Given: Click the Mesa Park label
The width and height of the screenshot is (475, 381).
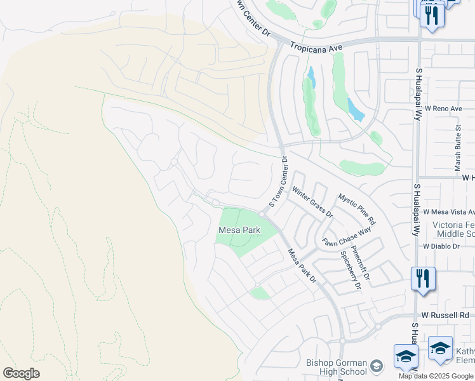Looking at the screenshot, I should click(239, 230).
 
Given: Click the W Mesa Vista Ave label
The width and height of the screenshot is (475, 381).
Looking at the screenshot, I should click(448, 211).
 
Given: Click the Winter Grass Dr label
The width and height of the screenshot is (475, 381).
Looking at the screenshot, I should click(312, 201).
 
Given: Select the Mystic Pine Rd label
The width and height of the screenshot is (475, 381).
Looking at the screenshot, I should click(356, 210).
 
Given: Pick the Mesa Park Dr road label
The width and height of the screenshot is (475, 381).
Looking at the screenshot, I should click(302, 266).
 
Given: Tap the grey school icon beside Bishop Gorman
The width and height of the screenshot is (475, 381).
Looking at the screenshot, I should click(377, 366).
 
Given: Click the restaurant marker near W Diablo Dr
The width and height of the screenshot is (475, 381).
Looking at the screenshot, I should click(422, 278).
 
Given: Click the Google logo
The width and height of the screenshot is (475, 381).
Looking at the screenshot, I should click(21, 373).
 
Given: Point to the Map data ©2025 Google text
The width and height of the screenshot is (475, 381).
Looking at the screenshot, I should click(436, 376).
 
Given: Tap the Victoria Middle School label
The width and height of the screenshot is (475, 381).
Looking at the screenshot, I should click(453, 230).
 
